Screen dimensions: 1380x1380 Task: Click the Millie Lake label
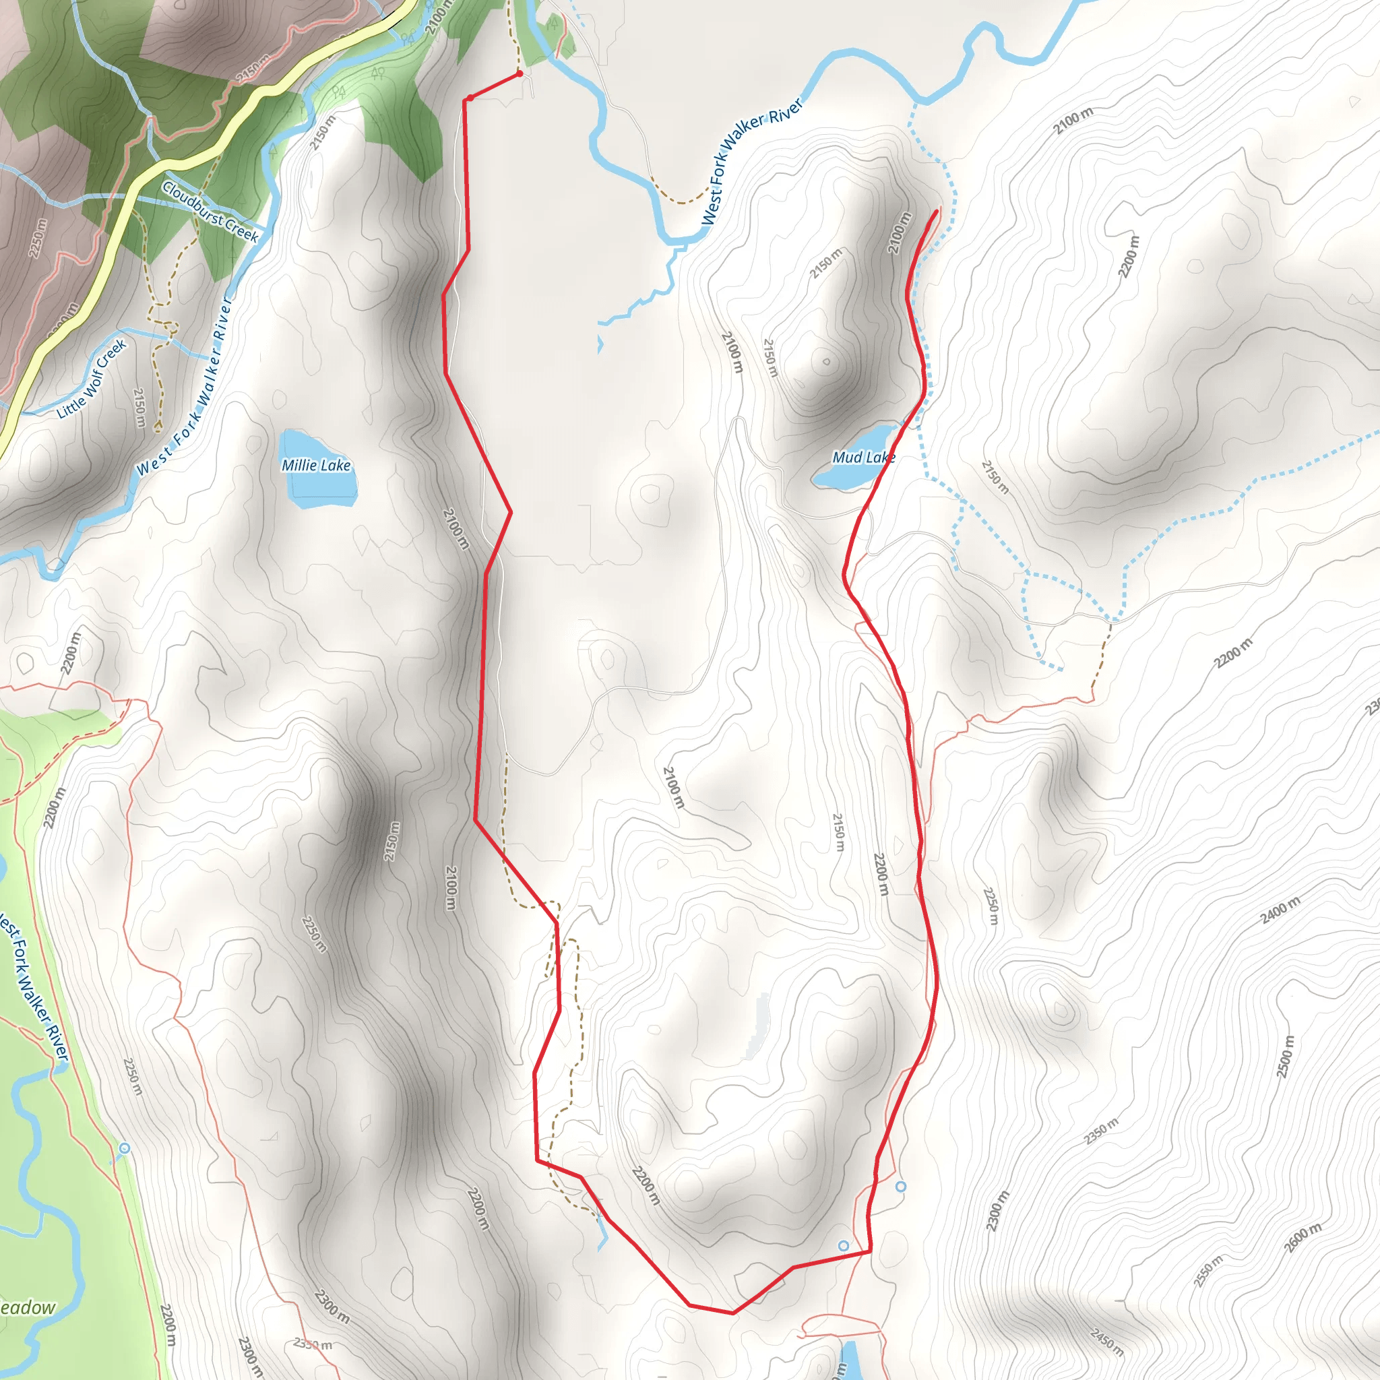[x=316, y=465]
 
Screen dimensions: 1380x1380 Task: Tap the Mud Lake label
[x=864, y=457]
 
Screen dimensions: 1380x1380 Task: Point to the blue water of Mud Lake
[x=840, y=475]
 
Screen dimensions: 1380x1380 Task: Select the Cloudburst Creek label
[x=210, y=212]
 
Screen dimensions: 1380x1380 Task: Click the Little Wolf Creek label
[x=92, y=378]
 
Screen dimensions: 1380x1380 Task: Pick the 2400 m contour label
[x=1280, y=909]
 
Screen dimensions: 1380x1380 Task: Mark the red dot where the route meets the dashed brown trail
[x=520, y=73]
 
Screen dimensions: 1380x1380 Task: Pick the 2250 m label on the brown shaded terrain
[x=38, y=239]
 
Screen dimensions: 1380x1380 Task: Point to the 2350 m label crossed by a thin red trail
[x=313, y=1344]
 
